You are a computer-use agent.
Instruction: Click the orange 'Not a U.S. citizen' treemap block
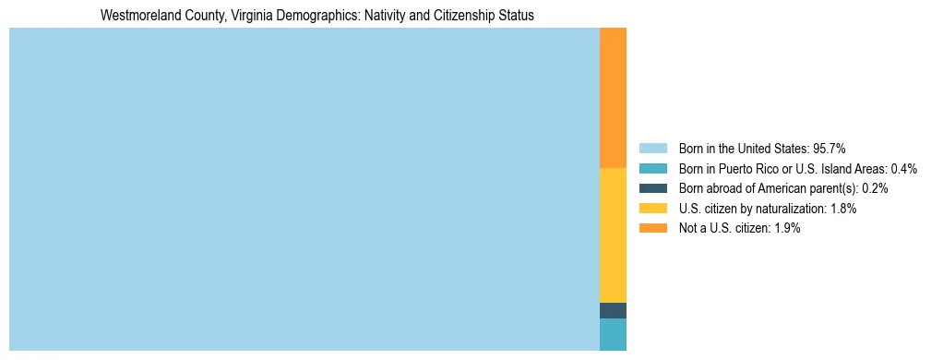click(x=613, y=98)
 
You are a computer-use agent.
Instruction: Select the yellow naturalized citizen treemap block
click(x=613, y=235)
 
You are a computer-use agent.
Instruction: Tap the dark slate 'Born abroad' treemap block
click(x=613, y=310)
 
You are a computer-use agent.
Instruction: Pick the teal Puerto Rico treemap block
click(x=613, y=334)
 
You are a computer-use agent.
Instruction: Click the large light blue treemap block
click(x=304, y=189)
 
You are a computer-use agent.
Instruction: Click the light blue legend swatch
click(x=652, y=149)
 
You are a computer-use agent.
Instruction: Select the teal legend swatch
click(x=652, y=169)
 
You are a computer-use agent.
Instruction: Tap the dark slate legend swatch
click(x=652, y=188)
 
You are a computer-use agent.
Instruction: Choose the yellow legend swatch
click(x=652, y=209)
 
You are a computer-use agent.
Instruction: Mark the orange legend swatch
click(x=652, y=228)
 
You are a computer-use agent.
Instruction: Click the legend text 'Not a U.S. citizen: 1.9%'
click(x=739, y=228)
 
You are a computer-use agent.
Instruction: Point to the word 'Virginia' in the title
click(x=233, y=16)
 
